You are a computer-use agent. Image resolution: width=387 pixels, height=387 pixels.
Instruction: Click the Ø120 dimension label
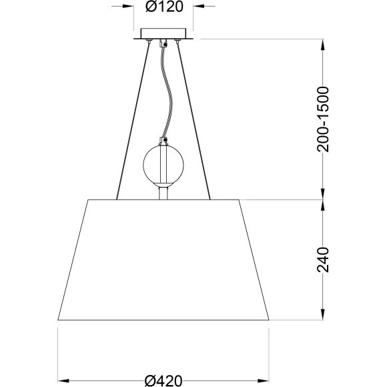(x=164, y=7)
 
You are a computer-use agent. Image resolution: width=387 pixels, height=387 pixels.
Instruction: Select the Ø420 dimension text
(x=163, y=381)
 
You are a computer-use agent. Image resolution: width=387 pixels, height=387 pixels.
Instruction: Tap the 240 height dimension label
(x=323, y=260)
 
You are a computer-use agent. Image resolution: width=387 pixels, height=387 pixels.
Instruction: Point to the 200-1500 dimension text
(x=323, y=119)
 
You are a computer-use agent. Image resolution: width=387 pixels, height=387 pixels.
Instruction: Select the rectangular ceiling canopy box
(x=163, y=33)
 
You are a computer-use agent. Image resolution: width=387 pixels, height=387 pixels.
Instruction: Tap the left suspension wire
(x=133, y=121)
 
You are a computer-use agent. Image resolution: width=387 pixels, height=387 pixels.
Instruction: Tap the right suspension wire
(x=193, y=121)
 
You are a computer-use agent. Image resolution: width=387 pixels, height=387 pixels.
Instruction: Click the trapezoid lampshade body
(x=163, y=260)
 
